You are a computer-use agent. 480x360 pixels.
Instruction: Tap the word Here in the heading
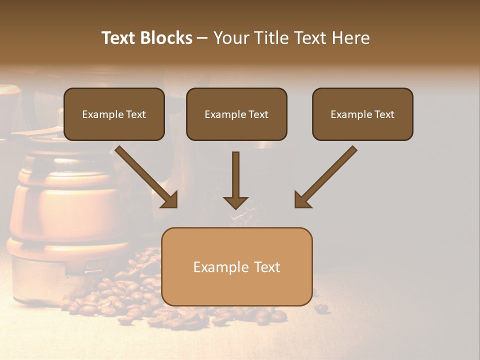point(350,38)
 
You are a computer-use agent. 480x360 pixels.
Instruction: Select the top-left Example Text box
point(114,114)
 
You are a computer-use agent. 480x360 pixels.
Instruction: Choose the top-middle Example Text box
point(236,114)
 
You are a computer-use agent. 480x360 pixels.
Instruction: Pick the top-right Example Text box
point(362,114)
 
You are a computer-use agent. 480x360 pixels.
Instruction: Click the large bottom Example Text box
point(236,266)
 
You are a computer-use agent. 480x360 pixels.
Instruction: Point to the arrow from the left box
point(146,176)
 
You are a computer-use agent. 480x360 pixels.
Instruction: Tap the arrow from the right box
point(326,176)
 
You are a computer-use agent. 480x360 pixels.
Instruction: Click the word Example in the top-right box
point(351,114)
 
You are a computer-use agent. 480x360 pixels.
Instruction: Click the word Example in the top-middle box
point(225,114)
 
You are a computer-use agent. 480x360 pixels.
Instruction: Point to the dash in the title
point(202,38)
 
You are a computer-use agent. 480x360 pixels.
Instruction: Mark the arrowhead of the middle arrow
point(235,202)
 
